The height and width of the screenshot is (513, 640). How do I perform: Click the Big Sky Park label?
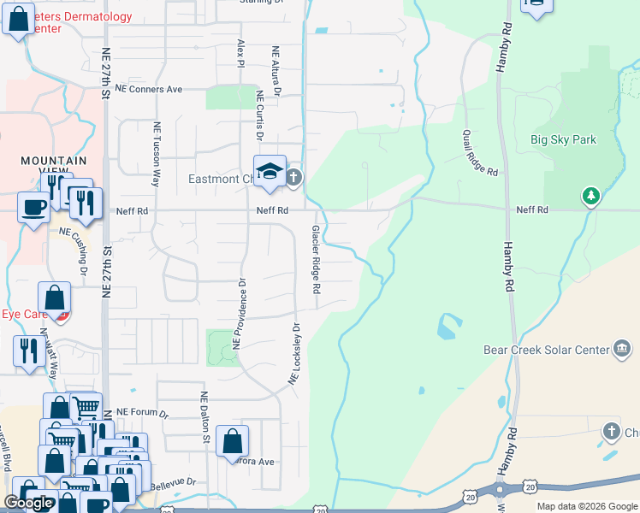click(563, 139)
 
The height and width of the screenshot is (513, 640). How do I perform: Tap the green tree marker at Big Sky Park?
click(590, 197)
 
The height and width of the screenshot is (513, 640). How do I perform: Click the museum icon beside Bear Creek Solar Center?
click(622, 348)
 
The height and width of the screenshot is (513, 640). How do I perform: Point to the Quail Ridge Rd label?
click(479, 153)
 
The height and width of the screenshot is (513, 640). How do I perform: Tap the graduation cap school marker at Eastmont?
click(270, 170)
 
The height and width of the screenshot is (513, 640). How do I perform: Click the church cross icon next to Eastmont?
click(293, 177)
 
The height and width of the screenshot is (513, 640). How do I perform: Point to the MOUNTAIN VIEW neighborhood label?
click(54, 161)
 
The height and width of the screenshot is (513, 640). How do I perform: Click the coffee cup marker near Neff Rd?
click(33, 207)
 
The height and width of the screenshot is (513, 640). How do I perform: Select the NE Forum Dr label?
click(144, 413)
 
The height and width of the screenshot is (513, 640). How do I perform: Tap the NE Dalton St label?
click(205, 417)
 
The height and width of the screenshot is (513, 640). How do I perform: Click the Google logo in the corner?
click(28, 503)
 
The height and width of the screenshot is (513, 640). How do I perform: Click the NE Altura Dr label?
click(276, 69)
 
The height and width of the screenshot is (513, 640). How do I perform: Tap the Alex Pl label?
click(241, 53)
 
